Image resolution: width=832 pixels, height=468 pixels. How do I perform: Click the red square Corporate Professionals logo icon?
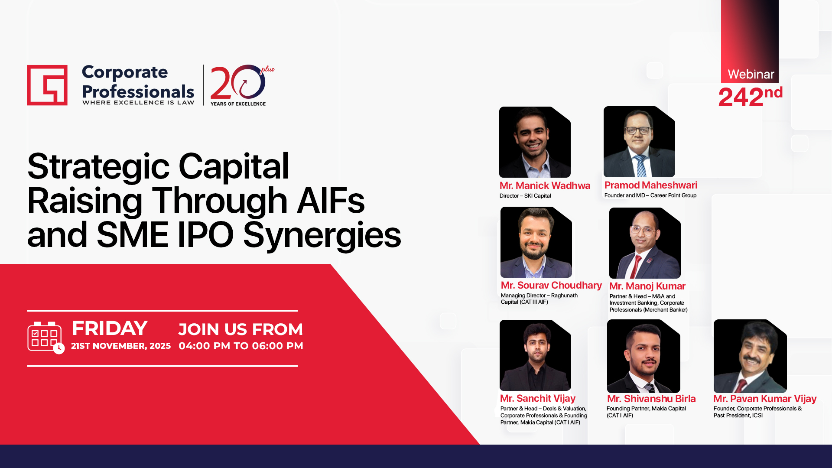[47, 85]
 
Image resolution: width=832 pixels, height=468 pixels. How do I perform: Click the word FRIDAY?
[110, 328]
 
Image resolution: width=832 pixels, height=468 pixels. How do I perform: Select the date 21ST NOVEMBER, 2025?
[121, 346]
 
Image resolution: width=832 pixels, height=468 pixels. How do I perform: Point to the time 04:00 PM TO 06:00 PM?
[241, 346]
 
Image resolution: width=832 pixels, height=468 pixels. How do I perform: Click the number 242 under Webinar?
[741, 97]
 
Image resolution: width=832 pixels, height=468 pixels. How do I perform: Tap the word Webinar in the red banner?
[751, 74]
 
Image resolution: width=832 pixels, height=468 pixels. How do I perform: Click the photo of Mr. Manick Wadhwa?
[535, 142]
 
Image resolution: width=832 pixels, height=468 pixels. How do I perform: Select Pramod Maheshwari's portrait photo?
[639, 142]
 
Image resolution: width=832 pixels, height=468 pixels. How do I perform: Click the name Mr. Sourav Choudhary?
[551, 285]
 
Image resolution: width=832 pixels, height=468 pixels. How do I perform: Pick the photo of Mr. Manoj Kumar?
[645, 243]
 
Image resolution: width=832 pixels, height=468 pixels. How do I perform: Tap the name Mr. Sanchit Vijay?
[538, 398]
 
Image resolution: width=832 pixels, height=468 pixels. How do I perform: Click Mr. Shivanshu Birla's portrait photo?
[643, 356]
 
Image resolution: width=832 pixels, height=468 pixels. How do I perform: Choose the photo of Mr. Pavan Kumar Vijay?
[750, 356]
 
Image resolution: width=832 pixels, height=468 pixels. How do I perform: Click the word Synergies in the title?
[322, 235]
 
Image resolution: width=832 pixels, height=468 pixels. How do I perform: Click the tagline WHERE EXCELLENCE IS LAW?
[138, 103]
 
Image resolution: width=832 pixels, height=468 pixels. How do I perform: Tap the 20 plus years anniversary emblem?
[242, 85]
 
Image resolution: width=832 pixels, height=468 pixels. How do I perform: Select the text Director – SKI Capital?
[525, 196]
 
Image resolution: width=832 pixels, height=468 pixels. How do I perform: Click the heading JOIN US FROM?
[240, 329]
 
